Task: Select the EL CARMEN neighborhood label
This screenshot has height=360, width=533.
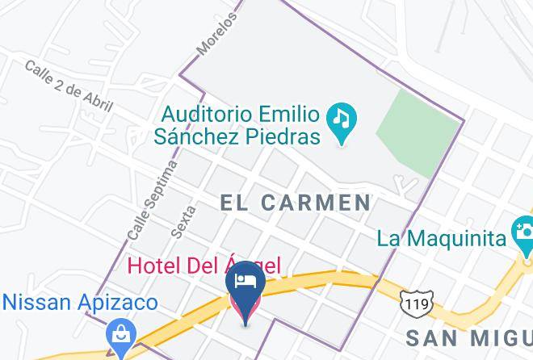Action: pyautogui.click(x=296, y=203)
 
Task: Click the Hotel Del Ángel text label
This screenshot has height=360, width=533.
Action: pyautogui.click(x=204, y=265)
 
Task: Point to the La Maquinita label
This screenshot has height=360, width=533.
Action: pyautogui.click(x=442, y=238)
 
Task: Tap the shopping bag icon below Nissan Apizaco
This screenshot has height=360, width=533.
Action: pyautogui.click(x=121, y=333)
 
